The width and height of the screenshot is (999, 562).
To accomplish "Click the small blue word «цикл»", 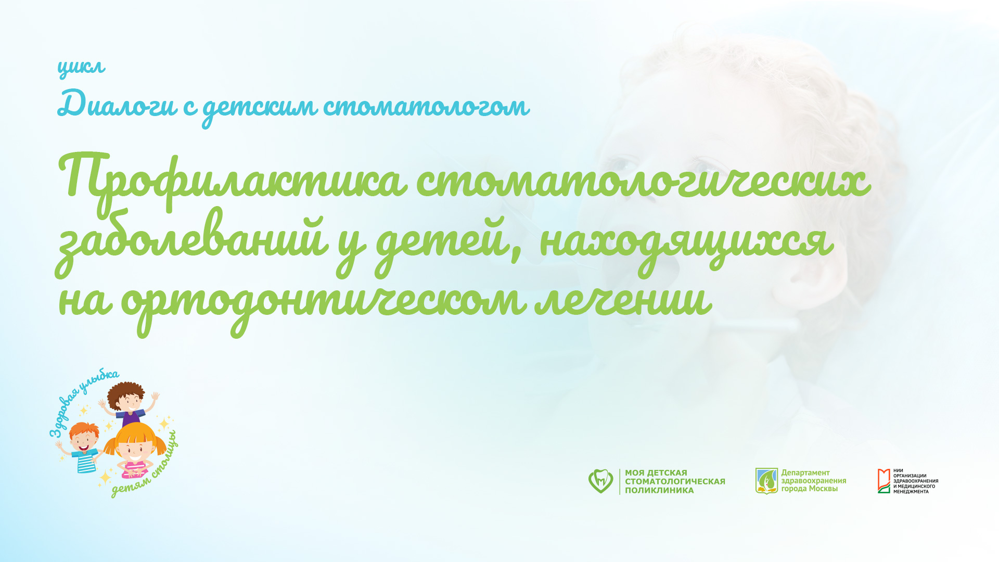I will click(x=81, y=67).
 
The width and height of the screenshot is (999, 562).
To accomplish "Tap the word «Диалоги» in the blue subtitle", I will click(x=118, y=104).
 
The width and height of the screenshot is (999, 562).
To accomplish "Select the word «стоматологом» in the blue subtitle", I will click(x=426, y=106).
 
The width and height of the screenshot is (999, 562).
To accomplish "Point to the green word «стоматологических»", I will click(x=643, y=182).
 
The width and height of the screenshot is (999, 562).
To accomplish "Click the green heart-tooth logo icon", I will click(x=600, y=481).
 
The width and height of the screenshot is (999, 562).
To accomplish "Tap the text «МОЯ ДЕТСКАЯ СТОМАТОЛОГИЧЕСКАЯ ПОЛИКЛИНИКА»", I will click(x=674, y=481).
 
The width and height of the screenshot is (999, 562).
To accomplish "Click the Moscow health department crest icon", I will click(x=766, y=481).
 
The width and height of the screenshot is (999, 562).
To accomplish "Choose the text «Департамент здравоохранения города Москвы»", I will click(x=813, y=481).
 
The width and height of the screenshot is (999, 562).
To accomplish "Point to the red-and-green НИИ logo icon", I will click(x=883, y=481).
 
